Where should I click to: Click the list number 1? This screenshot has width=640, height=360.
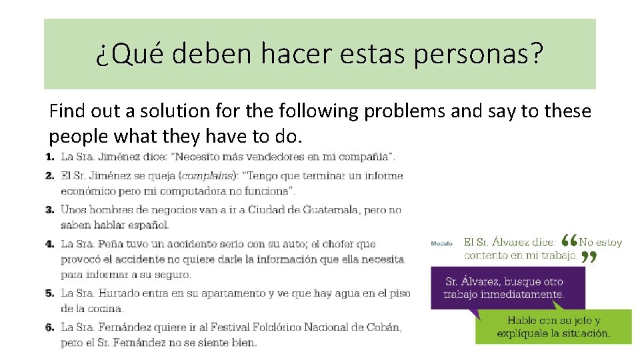[x=50, y=157]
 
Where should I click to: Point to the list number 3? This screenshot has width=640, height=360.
[x=50, y=209]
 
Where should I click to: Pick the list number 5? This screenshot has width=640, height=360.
[x=50, y=293]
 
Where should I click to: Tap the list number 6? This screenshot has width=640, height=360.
[x=50, y=327]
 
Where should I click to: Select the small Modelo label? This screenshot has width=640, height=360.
[x=441, y=244]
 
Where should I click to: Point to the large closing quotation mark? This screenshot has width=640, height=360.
[x=587, y=257]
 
